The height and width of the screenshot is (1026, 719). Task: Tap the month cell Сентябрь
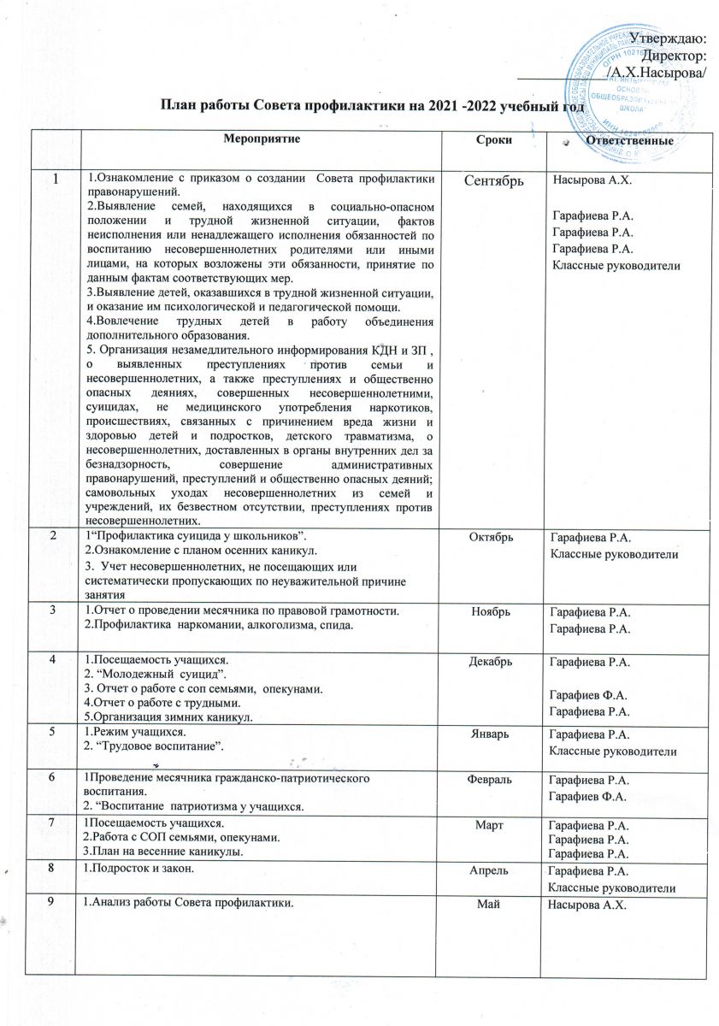pyautogui.click(x=493, y=182)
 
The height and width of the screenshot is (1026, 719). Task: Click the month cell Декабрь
pyautogui.click(x=493, y=662)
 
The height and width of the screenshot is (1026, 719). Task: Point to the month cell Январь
pyautogui.click(x=493, y=734)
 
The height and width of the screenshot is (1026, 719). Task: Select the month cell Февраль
pyautogui.click(x=493, y=781)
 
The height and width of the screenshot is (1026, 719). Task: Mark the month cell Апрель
pyautogui.click(x=493, y=871)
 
